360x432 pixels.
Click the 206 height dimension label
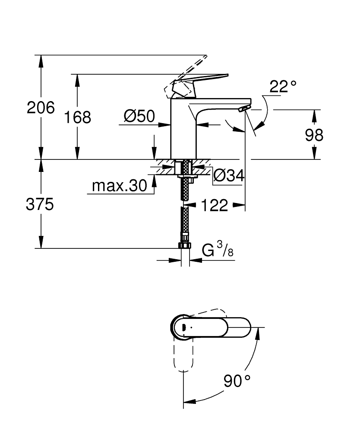click(x=41, y=107)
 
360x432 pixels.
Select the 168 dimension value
click(x=78, y=117)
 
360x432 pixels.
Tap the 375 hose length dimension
click(x=40, y=204)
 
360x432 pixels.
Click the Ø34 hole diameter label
click(x=229, y=175)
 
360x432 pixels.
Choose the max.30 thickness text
click(x=114, y=186)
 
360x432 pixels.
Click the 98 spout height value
click(x=314, y=135)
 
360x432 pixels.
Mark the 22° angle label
click(x=283, y=86)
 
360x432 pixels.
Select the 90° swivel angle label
click(x=237, y=381)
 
